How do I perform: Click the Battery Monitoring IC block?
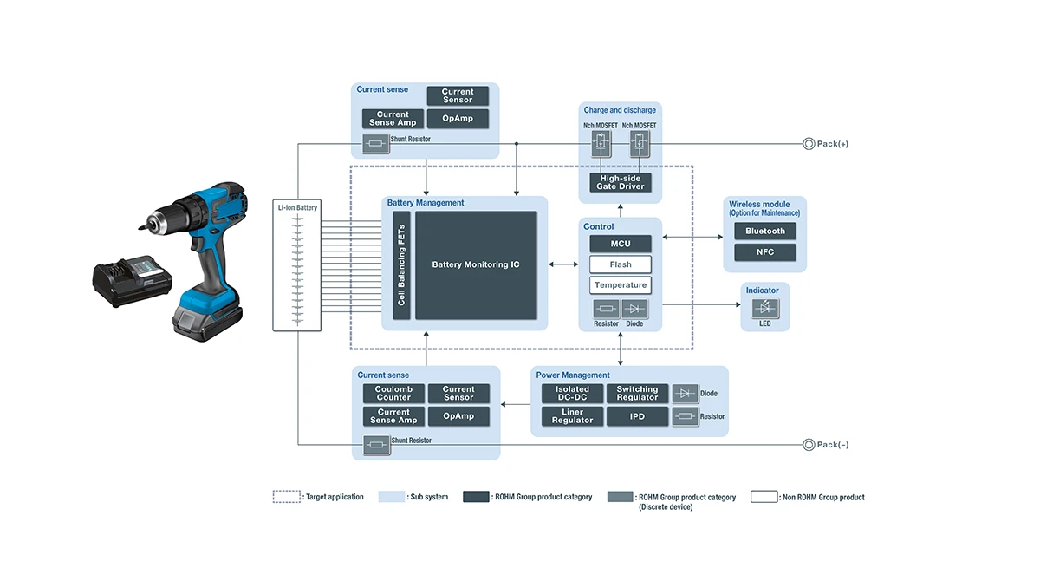[476, 264]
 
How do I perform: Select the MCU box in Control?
[621, 244]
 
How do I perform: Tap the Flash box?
[621, 264]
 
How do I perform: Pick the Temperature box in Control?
[621, 285]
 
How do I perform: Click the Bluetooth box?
[765, 232]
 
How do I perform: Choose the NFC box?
[765, 252]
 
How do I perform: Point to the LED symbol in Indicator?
[765, 307]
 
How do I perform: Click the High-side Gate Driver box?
[621, 182]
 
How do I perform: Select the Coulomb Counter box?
[393, 394]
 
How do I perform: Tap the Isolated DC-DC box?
[572, 394]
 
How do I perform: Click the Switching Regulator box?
[637, 394]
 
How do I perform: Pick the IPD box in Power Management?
[637, 417]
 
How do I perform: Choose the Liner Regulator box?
[572, 417]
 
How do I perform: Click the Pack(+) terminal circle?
[809, 144]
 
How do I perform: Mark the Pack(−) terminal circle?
[809, 445]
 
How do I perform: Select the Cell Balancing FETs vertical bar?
[401, 264]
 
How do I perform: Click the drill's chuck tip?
[140, 226]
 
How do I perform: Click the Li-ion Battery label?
[296, 208]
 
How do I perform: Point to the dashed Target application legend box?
[286, 497]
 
